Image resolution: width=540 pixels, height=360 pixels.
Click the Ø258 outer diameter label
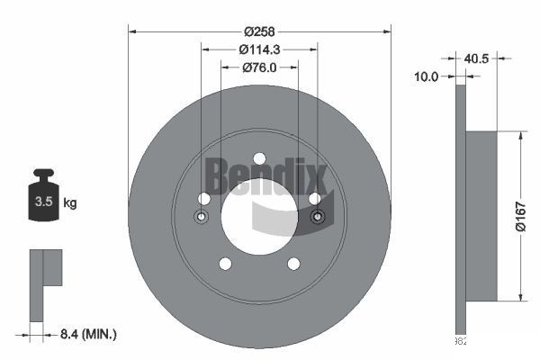click(x=259, y=17)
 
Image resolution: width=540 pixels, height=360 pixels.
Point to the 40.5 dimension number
click(x=477, y=60)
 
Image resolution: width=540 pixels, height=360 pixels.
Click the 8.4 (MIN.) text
click(x=87, y=334)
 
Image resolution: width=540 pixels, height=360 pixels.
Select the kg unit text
click(x=69, y=203)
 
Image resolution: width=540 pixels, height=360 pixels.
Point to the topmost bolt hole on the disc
click(x=259, y=157)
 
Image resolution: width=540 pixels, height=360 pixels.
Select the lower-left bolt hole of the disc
click(x=225, y=263)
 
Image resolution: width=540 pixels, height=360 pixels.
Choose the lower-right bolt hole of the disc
click(x=293, y=263)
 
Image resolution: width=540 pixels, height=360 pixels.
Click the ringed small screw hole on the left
click(x=201, y=217)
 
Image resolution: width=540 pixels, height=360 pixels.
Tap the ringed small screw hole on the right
click(x=317, y=217)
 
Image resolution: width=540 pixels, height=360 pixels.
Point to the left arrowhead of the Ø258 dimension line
click(x=132, y=32)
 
